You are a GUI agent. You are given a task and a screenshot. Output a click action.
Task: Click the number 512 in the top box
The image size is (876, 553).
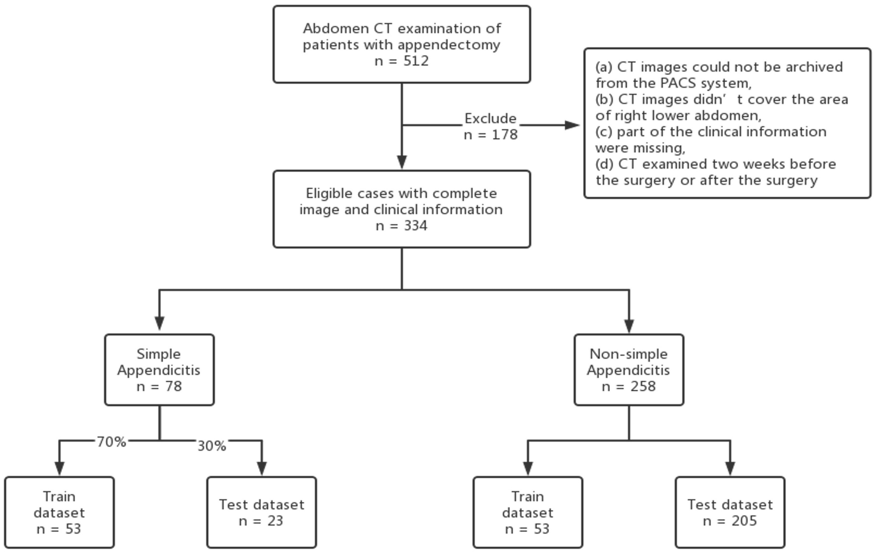(416, 61)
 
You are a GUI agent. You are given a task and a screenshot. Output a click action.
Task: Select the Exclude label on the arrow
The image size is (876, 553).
(490, 118)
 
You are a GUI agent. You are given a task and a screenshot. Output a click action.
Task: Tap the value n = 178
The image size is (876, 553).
(490, 135)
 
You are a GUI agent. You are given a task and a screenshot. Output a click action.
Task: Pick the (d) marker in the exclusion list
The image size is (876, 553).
(605, 164)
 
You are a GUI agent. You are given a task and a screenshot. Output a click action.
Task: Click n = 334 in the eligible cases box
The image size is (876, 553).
(401, 226)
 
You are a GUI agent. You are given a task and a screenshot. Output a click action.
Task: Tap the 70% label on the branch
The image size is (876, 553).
(111, 442)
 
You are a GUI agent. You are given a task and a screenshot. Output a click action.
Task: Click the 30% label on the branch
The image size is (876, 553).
(212, 446)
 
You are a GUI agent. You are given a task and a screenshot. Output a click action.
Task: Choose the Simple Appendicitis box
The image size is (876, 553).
(159, 370)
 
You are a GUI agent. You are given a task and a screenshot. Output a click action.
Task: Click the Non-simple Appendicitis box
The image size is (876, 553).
(629, 370)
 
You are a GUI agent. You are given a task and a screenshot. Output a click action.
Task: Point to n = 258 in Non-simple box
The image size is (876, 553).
(629, 387)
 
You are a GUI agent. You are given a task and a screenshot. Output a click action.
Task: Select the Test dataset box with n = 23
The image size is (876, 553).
(261, 512)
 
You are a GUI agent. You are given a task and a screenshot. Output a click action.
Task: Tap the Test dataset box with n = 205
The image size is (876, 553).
(730, 512)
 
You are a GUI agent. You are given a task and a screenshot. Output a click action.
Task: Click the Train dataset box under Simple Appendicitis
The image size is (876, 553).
(59, 512)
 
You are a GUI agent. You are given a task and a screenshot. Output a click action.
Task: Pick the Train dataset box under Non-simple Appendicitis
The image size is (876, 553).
(528, 512)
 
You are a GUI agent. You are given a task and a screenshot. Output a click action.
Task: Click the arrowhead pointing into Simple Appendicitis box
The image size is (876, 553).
(159, 323)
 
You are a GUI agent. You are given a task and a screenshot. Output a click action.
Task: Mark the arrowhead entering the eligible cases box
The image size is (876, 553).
(401, 162)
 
